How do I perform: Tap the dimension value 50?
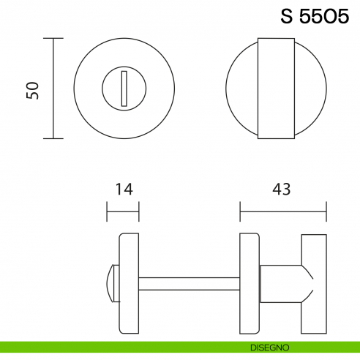pos(31,89)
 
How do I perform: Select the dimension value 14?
pos(123,189)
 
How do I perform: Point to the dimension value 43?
pos(282,189)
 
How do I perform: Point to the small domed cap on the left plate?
pos(112,284)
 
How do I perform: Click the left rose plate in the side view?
pos(128,284)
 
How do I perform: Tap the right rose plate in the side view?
pos(250,284)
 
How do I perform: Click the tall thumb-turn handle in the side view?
pos(313,284)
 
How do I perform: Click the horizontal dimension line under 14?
pos(123,214)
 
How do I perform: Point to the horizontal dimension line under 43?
pos(282,214)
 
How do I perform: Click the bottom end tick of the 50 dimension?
pos(53,138)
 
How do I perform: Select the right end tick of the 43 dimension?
pos(326,214)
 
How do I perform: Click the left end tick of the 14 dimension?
pos(108,214)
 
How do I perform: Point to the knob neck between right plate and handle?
pos(281,284)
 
